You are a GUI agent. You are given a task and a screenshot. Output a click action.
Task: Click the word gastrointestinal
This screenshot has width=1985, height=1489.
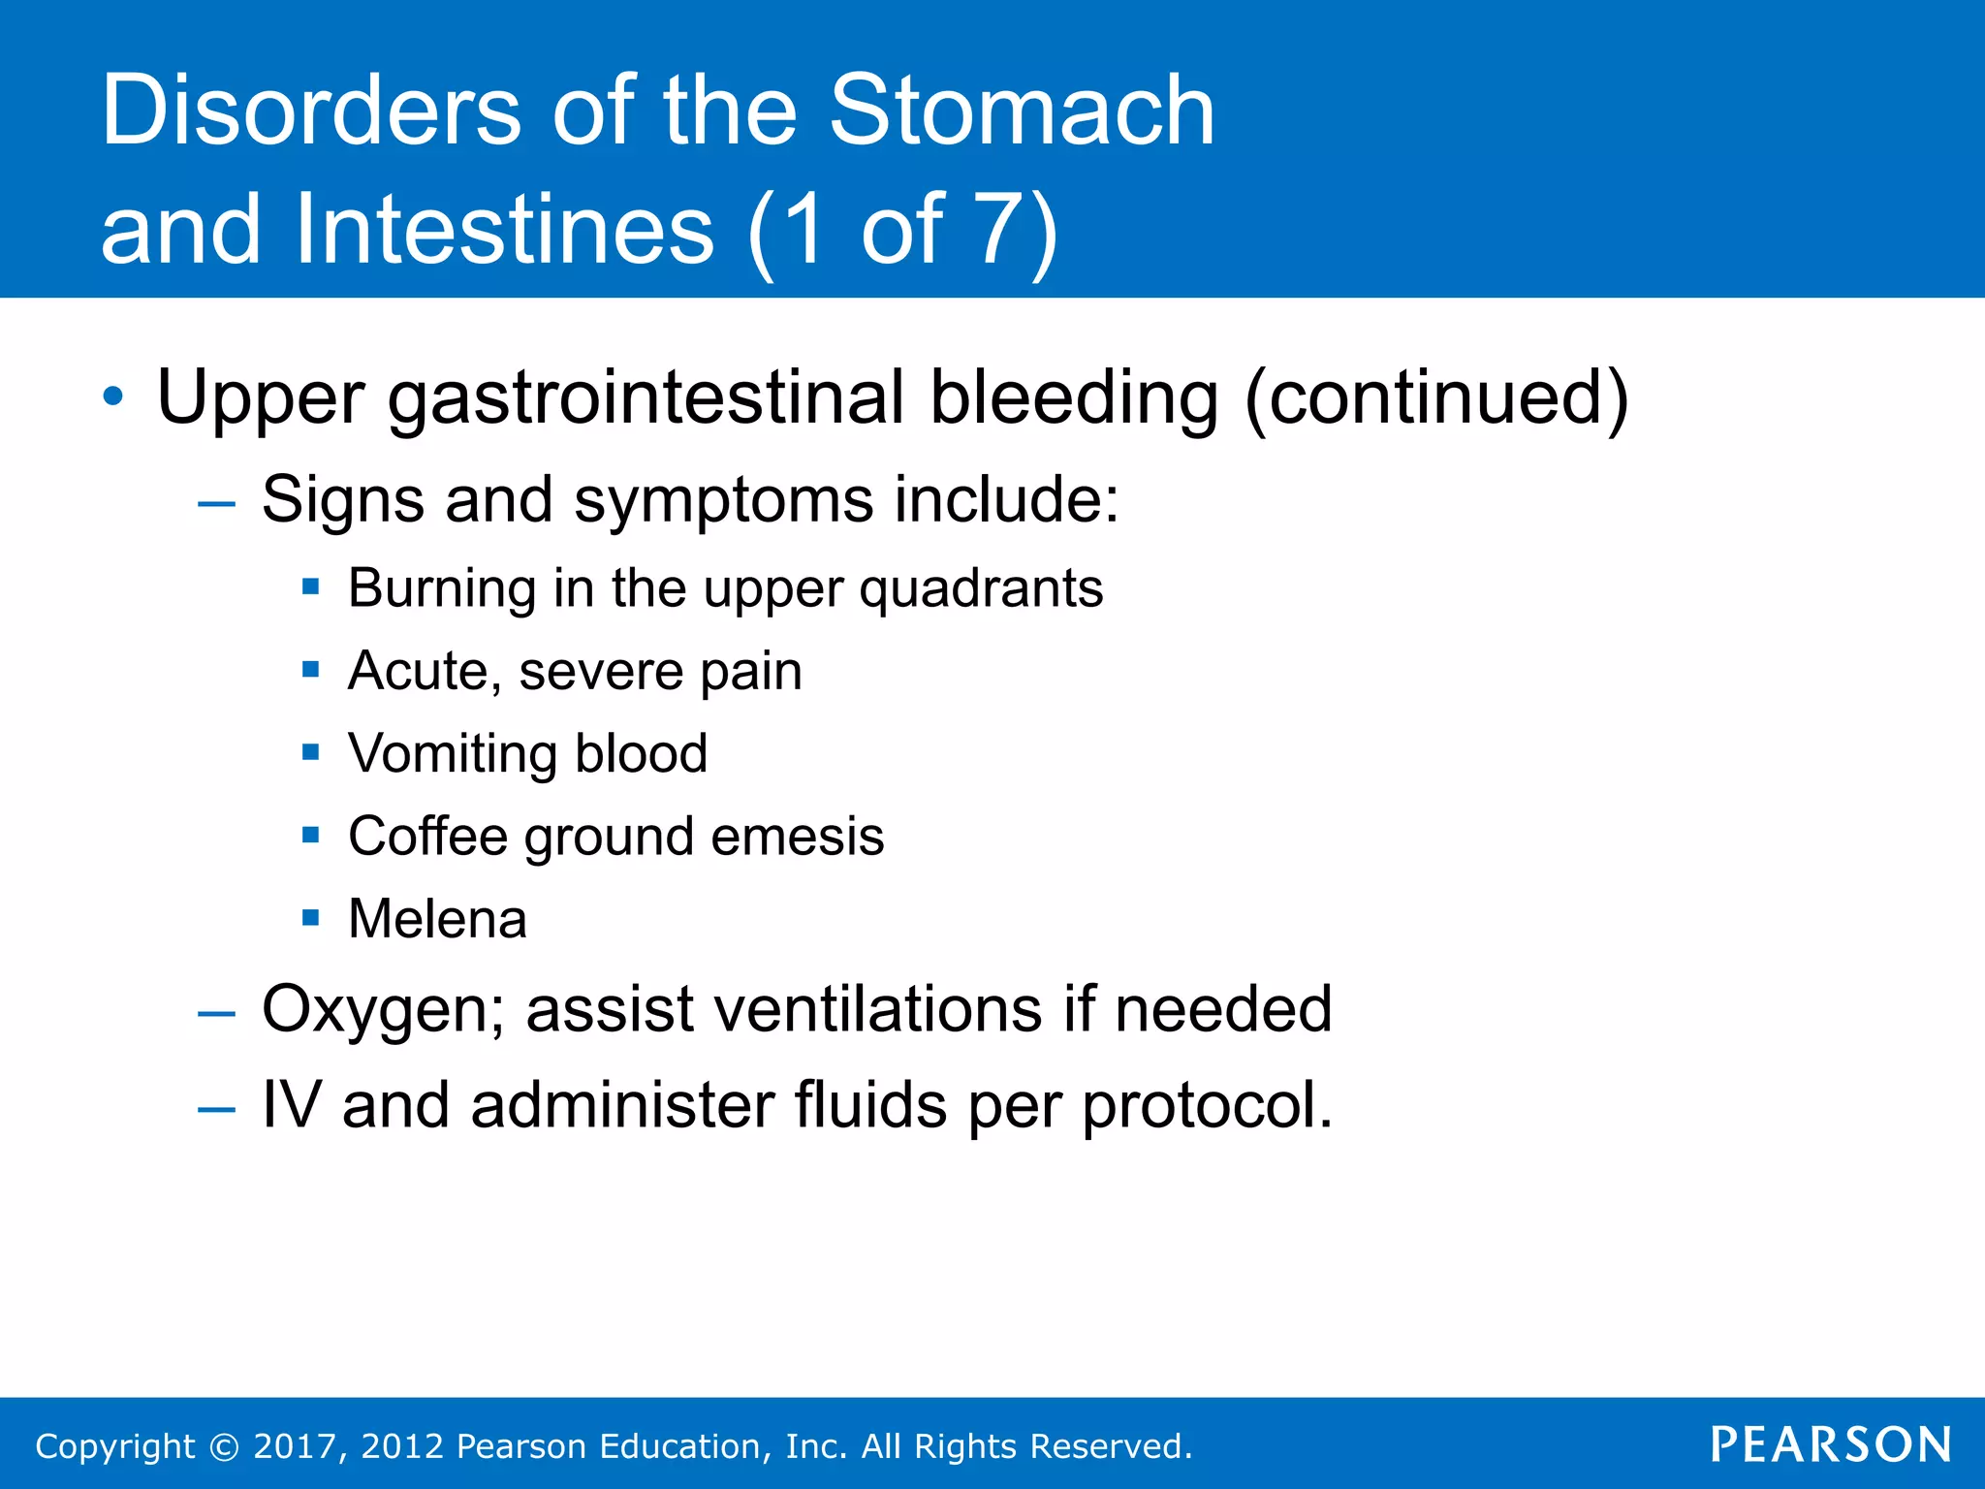coord(646,398)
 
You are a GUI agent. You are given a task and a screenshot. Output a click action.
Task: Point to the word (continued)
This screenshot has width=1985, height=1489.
coord(1435,398)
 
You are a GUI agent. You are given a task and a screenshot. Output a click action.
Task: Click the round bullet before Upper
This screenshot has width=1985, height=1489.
coord(113,396)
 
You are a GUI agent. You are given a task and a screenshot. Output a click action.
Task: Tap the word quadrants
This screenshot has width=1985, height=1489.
coord(981,589)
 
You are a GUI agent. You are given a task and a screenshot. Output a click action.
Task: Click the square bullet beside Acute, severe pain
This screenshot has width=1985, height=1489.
coord(310,669)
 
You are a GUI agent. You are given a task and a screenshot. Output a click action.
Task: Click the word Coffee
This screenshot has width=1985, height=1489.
coord(426,836)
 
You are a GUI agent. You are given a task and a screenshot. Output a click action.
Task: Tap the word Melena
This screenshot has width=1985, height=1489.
coord(437,919)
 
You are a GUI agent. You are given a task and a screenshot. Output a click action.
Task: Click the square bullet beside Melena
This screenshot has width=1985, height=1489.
coord(310,917)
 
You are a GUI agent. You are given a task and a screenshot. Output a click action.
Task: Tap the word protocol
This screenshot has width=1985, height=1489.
coord(1207,1106)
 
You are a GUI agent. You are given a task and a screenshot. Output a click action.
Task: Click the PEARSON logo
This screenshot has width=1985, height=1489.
coord(1830,1444)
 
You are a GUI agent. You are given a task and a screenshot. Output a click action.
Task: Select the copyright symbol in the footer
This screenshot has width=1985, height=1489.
coord(224,1447)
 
